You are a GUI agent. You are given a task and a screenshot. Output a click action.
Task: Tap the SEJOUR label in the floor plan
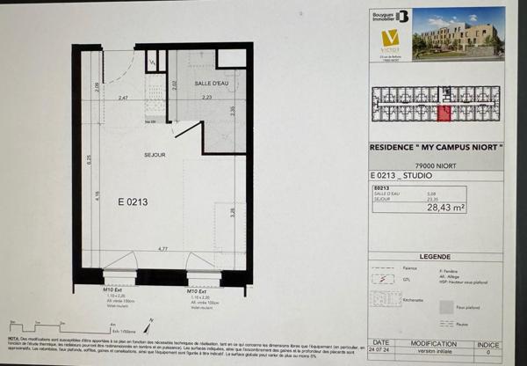(155, 155)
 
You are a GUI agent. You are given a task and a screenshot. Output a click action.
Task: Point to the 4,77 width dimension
(162, 251)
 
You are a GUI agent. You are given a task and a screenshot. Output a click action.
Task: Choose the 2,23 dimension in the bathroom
(206, 98)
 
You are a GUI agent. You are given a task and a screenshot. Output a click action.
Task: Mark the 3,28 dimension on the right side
(232, 211)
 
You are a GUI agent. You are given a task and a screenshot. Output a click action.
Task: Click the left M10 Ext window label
(116, 289)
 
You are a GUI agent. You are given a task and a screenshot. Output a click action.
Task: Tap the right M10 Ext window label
(197, 289)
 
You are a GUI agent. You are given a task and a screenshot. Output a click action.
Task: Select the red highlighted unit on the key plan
(444, 112)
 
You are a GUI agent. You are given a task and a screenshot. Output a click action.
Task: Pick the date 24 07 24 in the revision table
(380, 352)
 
